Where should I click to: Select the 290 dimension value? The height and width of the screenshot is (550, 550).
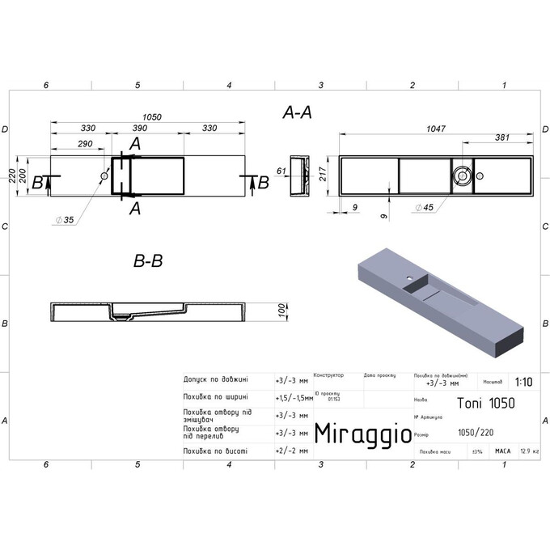pos(78,143)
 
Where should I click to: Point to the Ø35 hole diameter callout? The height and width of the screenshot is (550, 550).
pos(65,220)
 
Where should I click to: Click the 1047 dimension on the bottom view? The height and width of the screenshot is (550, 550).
pos(437,128)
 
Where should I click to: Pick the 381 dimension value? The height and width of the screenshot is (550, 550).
pos(501,138)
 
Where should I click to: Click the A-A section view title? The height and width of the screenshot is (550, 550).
pos(297,114)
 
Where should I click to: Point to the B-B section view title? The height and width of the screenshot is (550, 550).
pos(148,261)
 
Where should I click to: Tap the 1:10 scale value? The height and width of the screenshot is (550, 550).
pos(522,383)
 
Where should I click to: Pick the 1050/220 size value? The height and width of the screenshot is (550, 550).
pos(473,432)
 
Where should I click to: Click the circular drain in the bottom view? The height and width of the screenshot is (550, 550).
pos(461,175)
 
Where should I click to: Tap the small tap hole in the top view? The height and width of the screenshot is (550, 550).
pos(104,176)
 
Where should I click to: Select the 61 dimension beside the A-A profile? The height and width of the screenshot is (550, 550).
pos(281,171)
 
